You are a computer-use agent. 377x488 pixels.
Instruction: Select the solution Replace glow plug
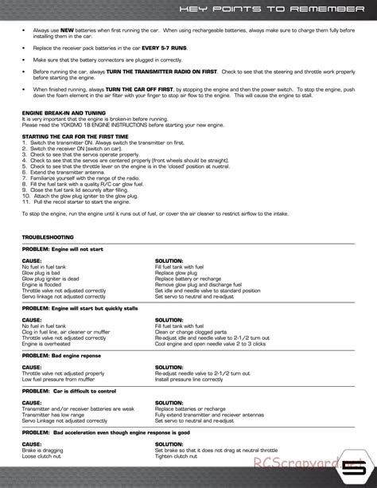pyautogui.click(x=176, y=272)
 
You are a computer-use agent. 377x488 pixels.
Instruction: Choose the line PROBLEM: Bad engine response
pyautogui.click(x=61, y=355)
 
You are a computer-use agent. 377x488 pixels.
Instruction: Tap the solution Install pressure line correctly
pyautogui.click(x=188, y=379)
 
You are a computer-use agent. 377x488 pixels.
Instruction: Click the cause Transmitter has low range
pyautogui.click(x=54, y=414)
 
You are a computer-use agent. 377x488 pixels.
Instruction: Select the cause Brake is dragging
pyautogui.click(x=43, y=450)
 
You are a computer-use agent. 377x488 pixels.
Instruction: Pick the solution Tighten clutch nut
pyautogui.click(x=177, y=455)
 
